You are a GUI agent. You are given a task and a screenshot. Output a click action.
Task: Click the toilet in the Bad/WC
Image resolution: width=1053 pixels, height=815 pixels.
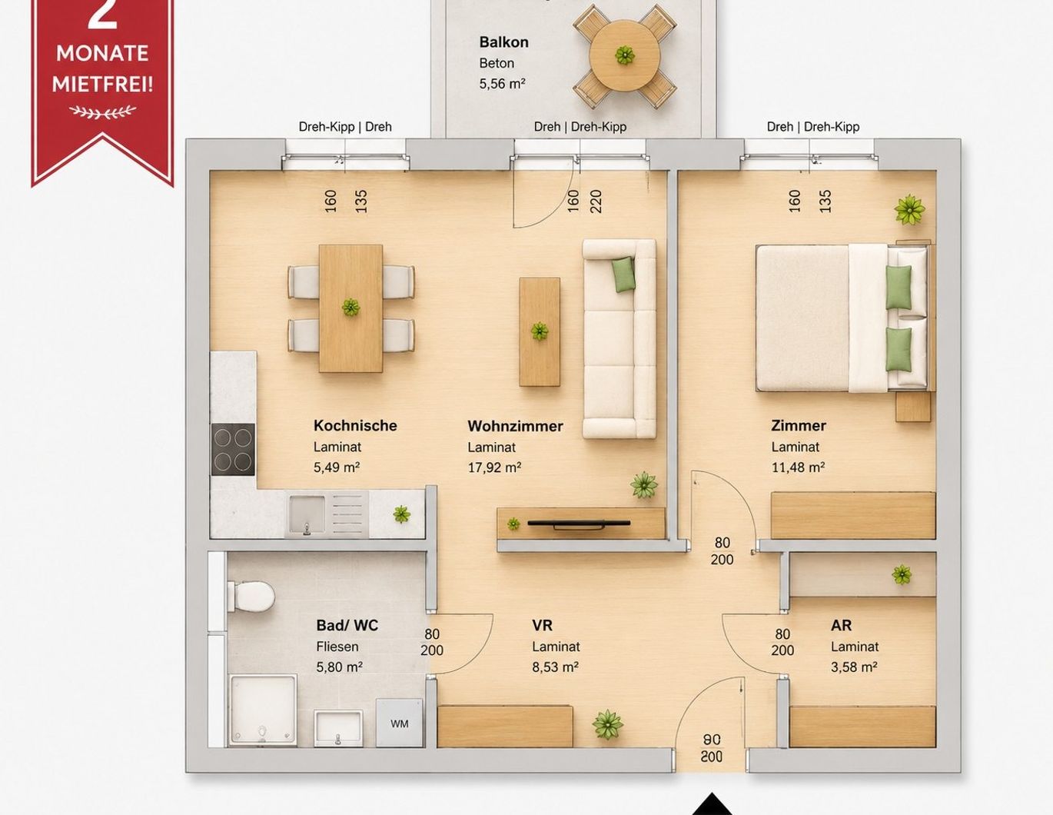(x=251, y=596)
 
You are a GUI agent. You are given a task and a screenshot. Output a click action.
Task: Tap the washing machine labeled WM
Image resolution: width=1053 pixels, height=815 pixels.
(x=400, y=723)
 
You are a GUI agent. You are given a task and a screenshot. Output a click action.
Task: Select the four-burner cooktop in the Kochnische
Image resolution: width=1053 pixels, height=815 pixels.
(x=233, y=449)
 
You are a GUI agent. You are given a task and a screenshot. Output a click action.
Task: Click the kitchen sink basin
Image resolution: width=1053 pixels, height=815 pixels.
(x=307, y=514)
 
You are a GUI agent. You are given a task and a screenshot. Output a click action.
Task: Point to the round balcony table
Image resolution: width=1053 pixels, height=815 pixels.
(x=625, y=55)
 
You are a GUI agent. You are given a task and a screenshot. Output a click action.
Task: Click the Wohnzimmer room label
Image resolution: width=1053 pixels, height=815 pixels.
(x=515, y=426)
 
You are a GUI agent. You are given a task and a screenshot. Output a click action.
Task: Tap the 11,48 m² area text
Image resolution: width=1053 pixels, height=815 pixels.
(x=798, y=467)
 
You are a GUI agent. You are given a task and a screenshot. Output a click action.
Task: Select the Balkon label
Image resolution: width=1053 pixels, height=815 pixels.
(x=503, y=42)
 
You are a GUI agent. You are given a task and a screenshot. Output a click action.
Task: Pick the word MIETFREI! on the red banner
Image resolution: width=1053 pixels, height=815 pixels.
(x=102, y=84)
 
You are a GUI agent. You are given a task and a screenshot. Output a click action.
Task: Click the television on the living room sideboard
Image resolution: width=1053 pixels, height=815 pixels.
(x=579, y=524)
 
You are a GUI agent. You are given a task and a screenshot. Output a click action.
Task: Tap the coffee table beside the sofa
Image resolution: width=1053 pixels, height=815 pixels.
(x=540, y=332)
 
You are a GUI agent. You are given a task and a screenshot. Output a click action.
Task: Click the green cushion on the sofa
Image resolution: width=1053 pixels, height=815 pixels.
(x=623, y=274)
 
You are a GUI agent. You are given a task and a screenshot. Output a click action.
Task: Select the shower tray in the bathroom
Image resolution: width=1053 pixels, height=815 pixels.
(x=263, y=710)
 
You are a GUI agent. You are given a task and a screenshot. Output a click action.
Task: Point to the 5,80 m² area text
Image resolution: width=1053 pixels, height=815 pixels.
(x=339, y=667)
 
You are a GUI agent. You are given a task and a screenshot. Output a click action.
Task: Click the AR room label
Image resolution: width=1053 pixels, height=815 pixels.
(x=841, y=625)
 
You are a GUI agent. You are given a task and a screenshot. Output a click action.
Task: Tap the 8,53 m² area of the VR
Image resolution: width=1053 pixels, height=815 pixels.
(x=555, y=667)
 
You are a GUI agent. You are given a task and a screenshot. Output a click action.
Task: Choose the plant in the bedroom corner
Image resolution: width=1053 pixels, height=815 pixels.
(x=909, y=210)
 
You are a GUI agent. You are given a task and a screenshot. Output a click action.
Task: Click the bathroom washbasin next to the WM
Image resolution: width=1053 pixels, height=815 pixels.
(x=338, y=728)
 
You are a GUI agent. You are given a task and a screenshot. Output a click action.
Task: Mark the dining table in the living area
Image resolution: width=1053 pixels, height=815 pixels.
(x=350, y=308)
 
